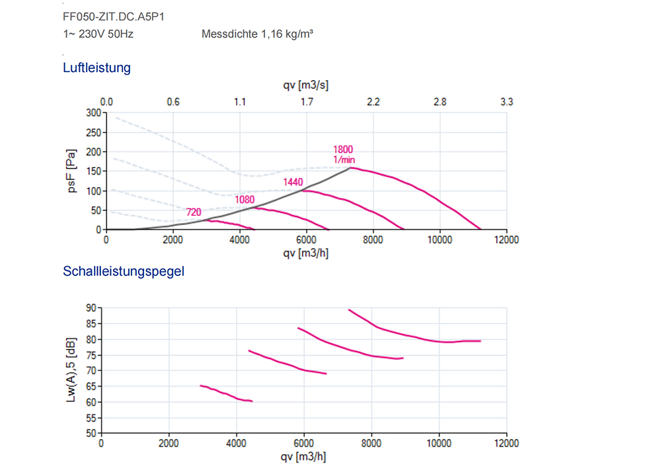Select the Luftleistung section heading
pos(97,68)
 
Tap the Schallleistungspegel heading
pos(123,271)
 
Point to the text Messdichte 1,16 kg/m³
pos(257,34)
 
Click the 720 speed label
pos(193,212)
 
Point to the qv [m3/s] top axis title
pos(305,86)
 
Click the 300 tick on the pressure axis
pos(93,113)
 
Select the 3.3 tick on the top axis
pos(506,102)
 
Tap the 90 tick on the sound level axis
pos(90,308)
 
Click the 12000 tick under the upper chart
pos(506,240)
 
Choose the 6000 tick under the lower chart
pos(303,443)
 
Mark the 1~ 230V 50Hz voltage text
pos(98,34)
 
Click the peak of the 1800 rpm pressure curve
pos(352,168)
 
